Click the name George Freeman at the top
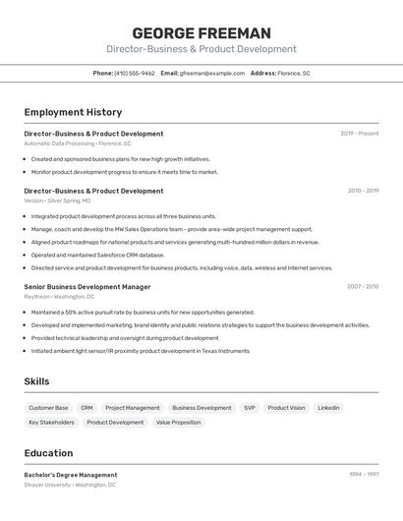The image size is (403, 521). [201, 32]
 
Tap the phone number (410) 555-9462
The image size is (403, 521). [134, 73]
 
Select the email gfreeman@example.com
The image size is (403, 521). [211, 73]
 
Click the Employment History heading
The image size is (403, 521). [73, 112]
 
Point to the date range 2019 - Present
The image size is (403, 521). [359, 133]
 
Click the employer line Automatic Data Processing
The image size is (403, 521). [77, 144]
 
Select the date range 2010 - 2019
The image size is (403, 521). [363, 190]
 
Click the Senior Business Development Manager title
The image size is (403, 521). [87, 287]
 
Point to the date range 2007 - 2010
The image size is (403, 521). [363, 286]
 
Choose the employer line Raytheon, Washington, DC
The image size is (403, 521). [59, 296]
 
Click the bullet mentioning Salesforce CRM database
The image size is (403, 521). [97, 255]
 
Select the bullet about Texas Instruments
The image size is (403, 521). [140, 350]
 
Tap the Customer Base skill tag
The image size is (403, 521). [48, 407]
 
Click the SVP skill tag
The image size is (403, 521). [250, 407]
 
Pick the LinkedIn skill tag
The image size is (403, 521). [328, 407]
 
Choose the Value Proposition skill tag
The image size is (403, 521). [178, 422]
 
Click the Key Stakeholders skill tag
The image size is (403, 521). [51, 422]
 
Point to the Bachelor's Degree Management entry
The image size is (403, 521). [70, 475]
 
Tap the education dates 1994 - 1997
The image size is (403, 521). [363, 474]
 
